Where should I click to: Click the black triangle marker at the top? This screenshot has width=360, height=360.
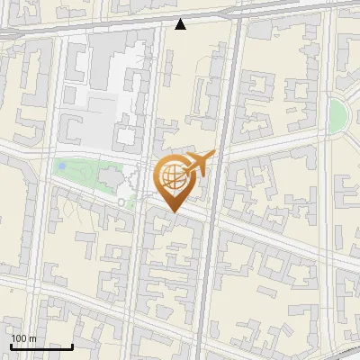point(181,24)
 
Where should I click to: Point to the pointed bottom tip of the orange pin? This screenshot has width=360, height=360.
point(173,211)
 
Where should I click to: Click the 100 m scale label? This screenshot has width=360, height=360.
point(23,339)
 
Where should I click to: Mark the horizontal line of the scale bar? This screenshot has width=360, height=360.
point(41,347)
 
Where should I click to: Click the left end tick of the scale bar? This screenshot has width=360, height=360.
point(10,346)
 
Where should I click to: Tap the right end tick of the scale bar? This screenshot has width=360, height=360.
point(73,346)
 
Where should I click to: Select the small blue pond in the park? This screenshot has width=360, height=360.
point(61,166)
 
